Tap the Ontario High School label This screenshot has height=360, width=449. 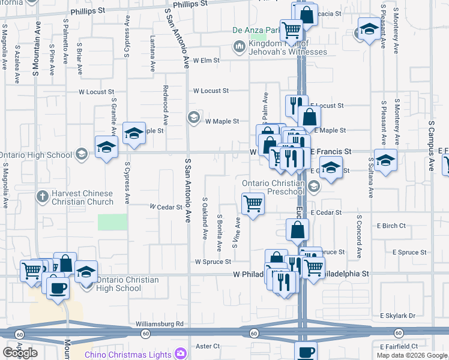tap(36, 154)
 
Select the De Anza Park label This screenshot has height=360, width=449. tap(256, 30)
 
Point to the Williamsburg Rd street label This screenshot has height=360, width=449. tap(159, 324)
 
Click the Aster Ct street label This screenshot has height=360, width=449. tap(208, 346)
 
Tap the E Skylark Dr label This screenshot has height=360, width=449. tap(397, 316)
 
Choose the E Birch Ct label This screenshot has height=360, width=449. tap(391, 226)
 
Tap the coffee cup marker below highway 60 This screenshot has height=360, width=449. tap(306, 351)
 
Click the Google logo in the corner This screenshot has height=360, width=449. tap(20, 352)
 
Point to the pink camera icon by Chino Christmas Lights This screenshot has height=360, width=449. tap(178, 354)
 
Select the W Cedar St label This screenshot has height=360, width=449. tap(166, 207)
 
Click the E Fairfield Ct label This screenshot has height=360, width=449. tap(399, 346)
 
